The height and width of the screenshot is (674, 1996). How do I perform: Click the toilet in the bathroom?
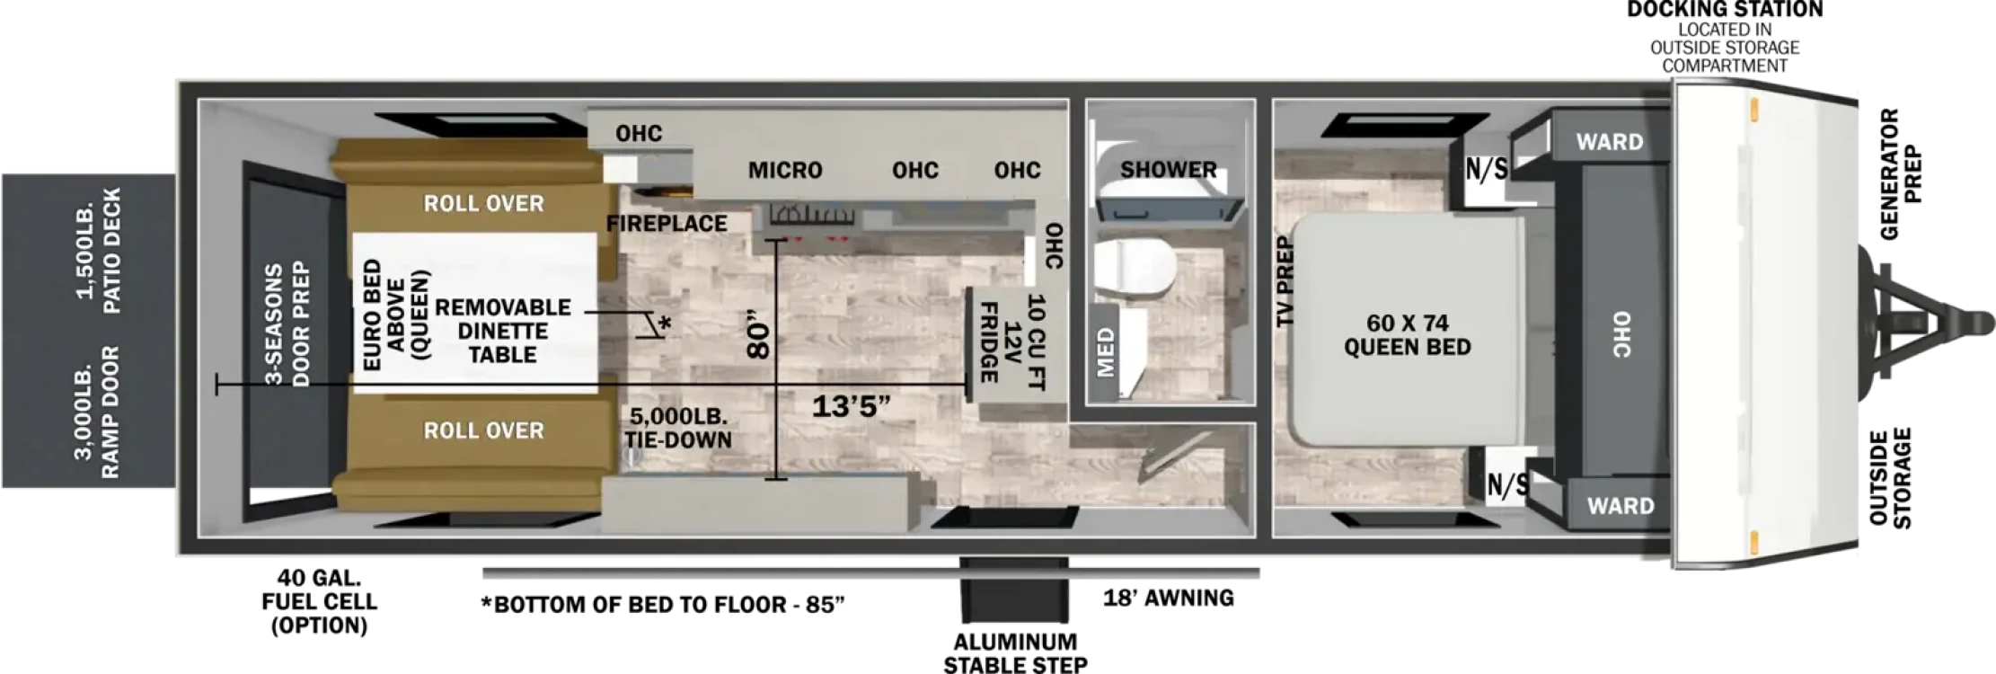(x=1135, y=267)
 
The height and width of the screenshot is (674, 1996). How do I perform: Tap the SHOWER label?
(x=1169, y=169)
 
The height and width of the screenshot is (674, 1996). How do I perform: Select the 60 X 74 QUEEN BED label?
(x=1408, y=334)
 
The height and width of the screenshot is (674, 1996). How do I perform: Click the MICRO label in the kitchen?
(x=785, y=170)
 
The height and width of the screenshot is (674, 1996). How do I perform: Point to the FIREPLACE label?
(x=667, y=223)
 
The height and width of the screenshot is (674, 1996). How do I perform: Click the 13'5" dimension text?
(x=851, y=406)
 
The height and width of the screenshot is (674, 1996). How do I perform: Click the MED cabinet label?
(x=1106, y=351)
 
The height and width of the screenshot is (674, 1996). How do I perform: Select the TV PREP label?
(x=1285, y=281)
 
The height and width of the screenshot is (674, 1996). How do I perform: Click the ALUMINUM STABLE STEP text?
(x=1015, y=653)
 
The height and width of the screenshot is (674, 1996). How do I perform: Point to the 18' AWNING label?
(x=1169, y=598)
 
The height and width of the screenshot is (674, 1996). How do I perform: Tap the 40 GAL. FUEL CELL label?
(x=319, y=601)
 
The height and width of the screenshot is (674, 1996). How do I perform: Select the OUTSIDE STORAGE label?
(x=1890, y=478)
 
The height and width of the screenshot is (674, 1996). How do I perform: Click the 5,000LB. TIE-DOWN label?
(x=680, y=428)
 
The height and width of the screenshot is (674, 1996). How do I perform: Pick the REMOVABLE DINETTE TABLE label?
(x=503, y=331)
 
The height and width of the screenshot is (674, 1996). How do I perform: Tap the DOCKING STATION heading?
(x=1725, y=9)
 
